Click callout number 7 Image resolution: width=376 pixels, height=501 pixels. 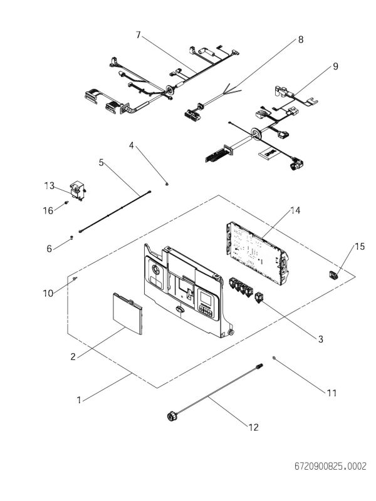(x=138, y=34)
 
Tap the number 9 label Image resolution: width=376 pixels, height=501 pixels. (x=336, y=66)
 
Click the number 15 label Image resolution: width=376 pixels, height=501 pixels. (x=359, y=247)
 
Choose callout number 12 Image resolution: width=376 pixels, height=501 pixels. (x=253, y=428)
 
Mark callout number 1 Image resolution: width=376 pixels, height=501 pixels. (x=79, y=399)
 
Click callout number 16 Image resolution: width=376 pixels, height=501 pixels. (x=48, y=211)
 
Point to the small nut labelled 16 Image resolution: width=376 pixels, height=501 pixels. (x=65, y=204)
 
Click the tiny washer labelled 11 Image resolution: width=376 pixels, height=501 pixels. (x=274, y=358)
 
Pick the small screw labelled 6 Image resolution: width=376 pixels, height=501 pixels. (x=72, y=237)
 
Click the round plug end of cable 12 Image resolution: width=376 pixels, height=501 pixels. (x=170, y=415)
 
